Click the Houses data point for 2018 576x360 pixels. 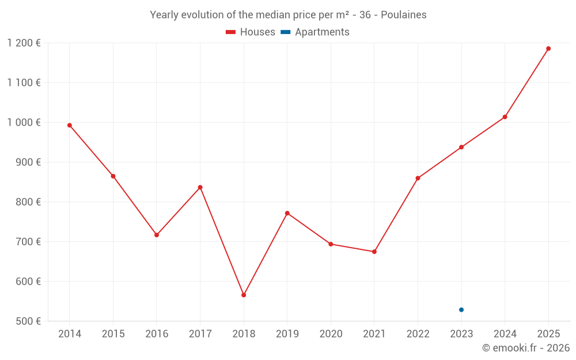tap(244, 295)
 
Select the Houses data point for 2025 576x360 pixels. tap(548, 48)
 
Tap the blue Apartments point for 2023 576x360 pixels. tap(461, 310)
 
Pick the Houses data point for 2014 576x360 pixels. tap(70, 125)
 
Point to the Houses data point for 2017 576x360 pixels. tap(200, 187)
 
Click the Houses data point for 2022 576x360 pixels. tap(418, 178)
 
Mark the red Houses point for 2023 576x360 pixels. tap(461, 147)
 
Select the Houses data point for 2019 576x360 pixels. tap(287, 213)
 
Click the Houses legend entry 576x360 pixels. tap(251, 32)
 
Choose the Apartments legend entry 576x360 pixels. tap(316, 32)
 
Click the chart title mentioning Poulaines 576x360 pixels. tap(288, 15)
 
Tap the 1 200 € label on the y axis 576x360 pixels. tap(24, 43)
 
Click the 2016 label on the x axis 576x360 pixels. tap(157, 334)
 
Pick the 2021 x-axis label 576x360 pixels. tap(374, 334)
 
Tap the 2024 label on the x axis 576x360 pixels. tap(505, 334)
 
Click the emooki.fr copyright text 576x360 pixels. tap(526, 348)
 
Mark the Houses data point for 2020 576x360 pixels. tap(331, 244)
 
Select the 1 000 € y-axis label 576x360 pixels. tap(24, 122)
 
